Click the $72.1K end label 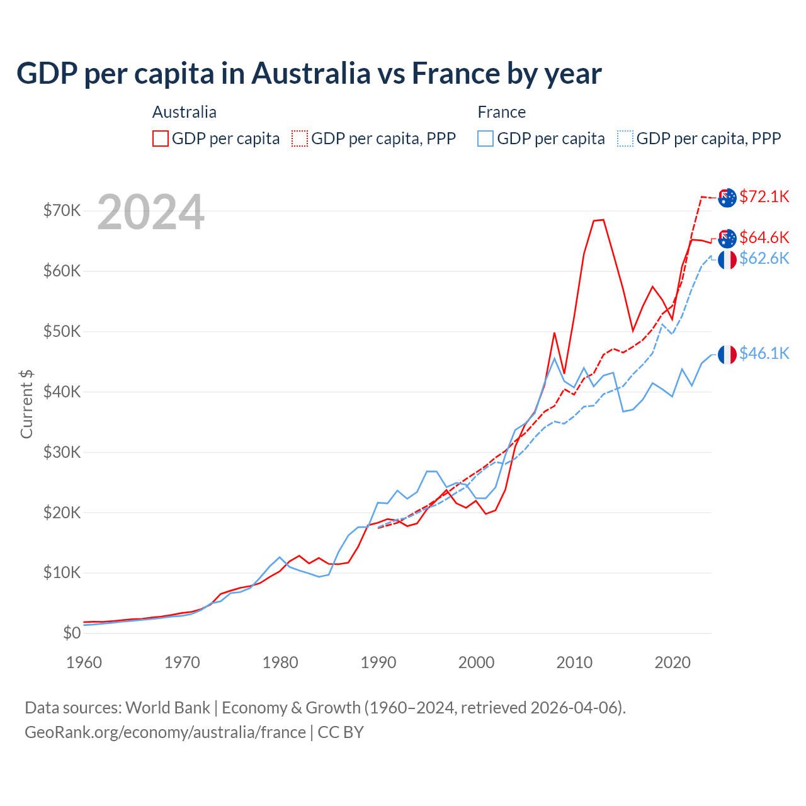click(764, 196)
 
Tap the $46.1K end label click(764, 353)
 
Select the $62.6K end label click(764, 258)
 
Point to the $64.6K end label click(764, 237)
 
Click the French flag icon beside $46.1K click(727, 355)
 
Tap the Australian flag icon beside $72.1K click(727, 197)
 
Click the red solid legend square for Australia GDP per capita click(161, 139)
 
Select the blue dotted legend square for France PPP click(625, 139)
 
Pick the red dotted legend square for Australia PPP click(300, 139)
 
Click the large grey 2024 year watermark click(150, 212)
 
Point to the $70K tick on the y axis click(62, 210)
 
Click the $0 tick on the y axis click(72, 633)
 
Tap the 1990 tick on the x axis click(378, 662)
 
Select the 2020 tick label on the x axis click(673, 662)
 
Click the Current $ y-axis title click(26, 404)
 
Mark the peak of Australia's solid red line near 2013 click(603, 220)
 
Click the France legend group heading click(501, 112)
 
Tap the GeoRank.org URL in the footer click(165, 732)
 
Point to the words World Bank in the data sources click(167, 708)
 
